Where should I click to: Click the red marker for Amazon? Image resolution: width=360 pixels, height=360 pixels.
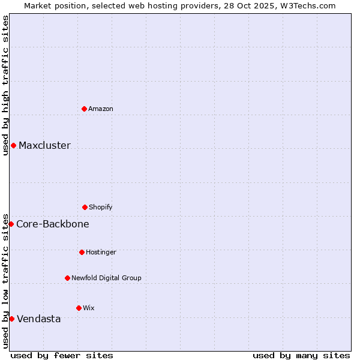[84, 109]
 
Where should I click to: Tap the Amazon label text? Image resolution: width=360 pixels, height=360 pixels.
[101, 109]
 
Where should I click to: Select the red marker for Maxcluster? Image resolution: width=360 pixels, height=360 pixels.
[13, 146]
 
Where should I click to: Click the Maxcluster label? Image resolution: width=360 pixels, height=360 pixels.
[44, 146]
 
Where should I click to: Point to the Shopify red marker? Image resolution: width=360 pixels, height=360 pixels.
[85, 207]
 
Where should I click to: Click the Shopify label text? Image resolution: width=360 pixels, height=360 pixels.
[101, 208]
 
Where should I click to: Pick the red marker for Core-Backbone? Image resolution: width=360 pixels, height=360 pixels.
[11, 224]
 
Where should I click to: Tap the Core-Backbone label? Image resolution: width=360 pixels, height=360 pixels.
[53, 224]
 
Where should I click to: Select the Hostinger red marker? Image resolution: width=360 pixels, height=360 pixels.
[82, 252]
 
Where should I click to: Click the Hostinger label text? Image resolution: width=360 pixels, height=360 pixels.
[101, 253]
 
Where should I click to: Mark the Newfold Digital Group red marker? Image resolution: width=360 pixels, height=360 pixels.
[67, 278]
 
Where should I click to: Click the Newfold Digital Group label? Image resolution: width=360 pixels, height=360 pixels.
[106, 278]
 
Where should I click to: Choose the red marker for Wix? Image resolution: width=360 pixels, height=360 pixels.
[79, 308]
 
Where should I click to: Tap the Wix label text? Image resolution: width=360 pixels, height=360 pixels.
[89, 308]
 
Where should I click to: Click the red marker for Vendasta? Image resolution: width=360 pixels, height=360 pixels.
[11, 319]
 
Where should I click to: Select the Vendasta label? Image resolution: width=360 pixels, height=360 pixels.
[39, 319]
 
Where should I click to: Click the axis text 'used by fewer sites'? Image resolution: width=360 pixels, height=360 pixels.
[62, 355]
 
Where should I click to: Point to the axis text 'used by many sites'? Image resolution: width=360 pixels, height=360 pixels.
[301, 355]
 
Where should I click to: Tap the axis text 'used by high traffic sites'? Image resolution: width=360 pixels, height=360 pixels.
[5, 85]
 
